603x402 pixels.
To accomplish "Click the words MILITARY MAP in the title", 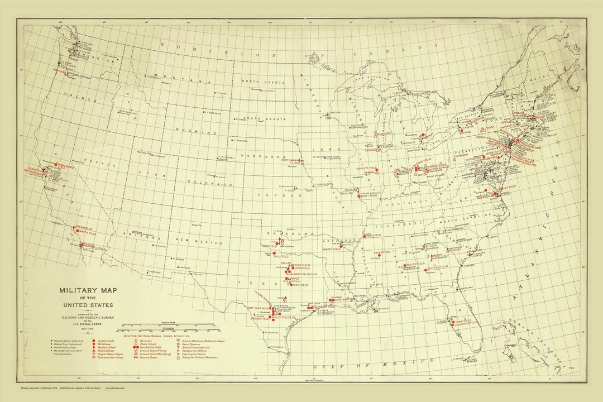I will pyautogui.click(x=86, y=290).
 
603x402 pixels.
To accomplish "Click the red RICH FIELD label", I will pyautogui.click(x=300, y=285).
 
